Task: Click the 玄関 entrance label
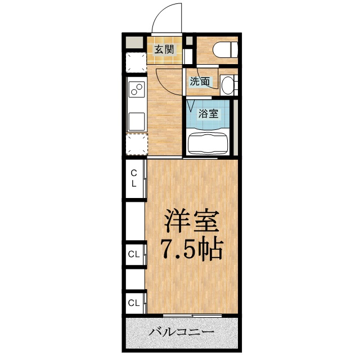pos(164,49)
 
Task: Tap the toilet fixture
pos(225,49)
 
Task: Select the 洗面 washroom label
pos(200,81)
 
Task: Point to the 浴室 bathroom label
pos(208,114)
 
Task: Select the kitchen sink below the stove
pos(136,121)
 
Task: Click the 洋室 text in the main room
pos(191,220)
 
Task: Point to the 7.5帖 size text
pos(192,249)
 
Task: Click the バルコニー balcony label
pos(181,332)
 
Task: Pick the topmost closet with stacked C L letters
pos(134,178)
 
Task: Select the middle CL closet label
pos(134,254)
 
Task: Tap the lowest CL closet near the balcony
pos(134,303)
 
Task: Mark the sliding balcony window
pos(192,316)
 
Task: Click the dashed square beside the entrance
pos(136,62)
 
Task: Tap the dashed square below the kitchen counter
pos(136,145)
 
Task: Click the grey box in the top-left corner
pos(134,42)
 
